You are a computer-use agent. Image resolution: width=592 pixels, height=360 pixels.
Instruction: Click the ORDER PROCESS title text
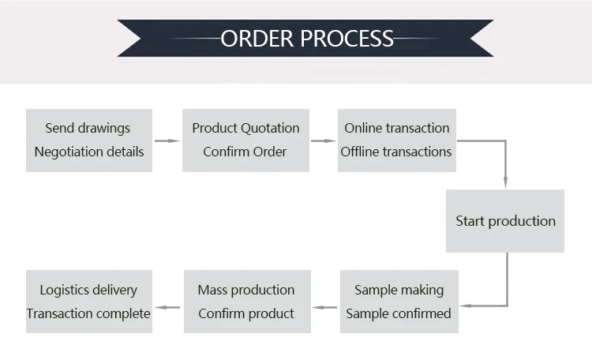(307, 38)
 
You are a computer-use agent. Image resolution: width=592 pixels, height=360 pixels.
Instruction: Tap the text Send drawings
(88, 128)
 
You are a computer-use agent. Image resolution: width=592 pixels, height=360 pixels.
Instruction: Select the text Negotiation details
(89, 152)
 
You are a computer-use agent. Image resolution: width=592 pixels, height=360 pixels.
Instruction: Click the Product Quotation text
(245, 128)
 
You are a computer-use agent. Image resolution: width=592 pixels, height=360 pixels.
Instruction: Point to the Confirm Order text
(245, 152)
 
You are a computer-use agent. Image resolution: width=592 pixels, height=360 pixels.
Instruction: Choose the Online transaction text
(397, 128)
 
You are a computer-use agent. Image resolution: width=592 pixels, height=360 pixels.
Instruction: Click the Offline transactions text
(396, 152)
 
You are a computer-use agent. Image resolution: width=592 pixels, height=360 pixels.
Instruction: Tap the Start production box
(505, 221)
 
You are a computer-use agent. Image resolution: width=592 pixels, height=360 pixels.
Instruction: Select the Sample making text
(399, 290)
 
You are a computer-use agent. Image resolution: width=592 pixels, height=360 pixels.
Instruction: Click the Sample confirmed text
(399, 313)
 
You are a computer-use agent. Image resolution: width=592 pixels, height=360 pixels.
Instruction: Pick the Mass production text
(245, 290)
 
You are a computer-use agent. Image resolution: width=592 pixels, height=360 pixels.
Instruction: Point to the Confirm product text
(245, 313)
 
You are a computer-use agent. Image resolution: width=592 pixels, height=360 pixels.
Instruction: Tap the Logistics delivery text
(88, 290)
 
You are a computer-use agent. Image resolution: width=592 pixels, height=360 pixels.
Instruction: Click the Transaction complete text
(88, 313)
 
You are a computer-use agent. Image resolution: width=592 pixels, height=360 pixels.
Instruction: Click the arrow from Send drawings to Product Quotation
(167, 141)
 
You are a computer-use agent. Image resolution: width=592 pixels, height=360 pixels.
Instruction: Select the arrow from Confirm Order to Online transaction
(323, 141)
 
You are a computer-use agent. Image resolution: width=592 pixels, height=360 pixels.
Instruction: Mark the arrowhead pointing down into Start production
(505, 183)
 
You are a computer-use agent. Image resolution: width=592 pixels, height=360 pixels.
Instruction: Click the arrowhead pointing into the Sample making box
(465, 305)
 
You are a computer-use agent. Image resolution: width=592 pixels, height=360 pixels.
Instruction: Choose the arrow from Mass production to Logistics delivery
(167, 305)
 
